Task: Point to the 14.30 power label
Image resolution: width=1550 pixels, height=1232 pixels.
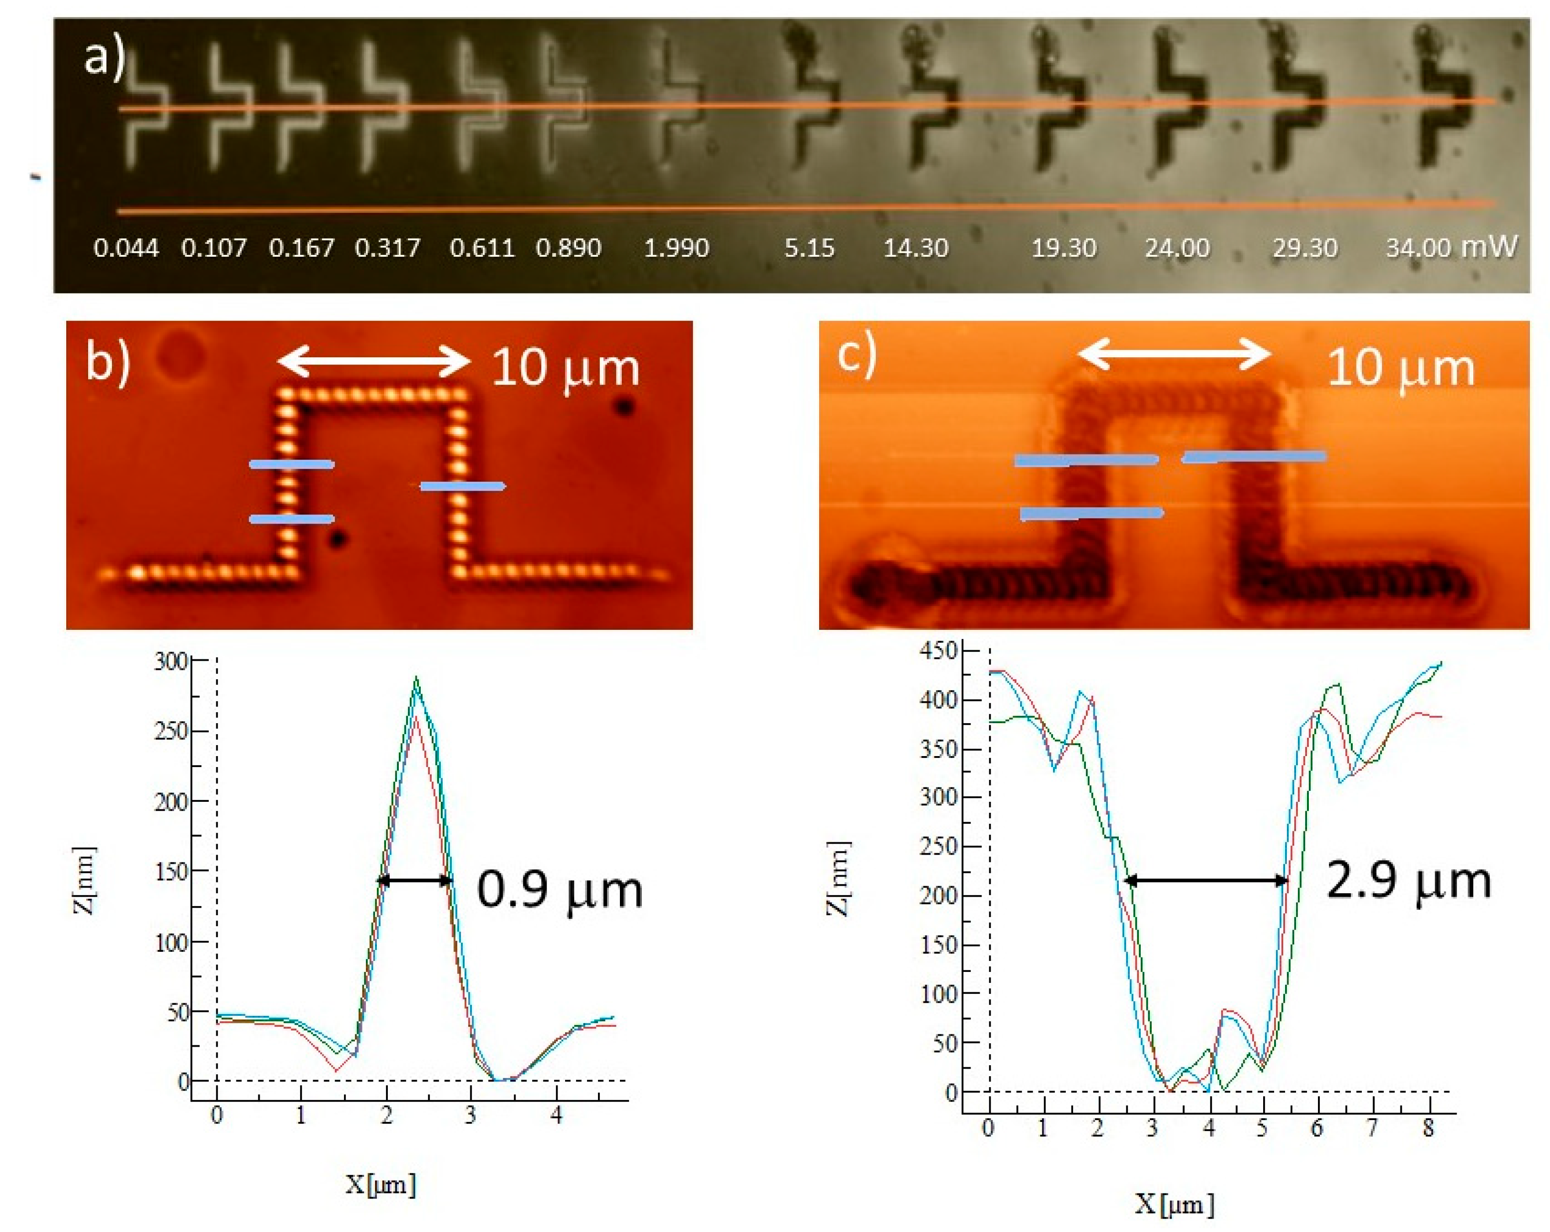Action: pos(915,248)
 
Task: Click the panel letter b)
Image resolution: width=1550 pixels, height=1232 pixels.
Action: pos(108,362)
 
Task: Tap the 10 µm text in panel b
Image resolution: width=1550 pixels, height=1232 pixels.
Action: pos(565,368)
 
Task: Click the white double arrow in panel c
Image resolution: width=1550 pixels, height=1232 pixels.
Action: pos(1175,353)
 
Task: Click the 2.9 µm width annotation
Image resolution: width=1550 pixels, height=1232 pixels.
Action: pos(1408,880)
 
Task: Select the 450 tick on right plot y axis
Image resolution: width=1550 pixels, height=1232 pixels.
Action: pos(939,651)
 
